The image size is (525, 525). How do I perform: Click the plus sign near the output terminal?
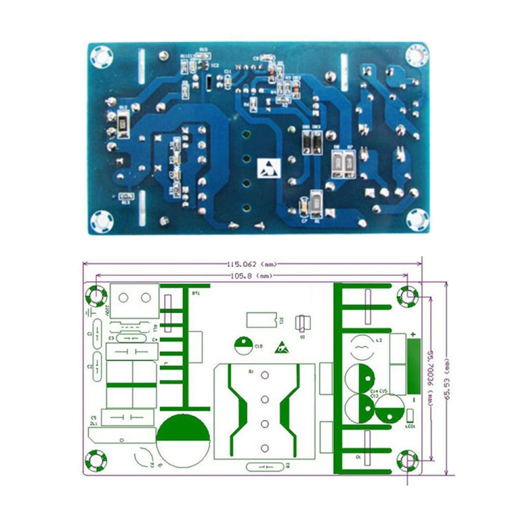[x=413, y=335]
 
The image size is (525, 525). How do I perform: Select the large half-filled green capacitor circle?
[x=183, y=439]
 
